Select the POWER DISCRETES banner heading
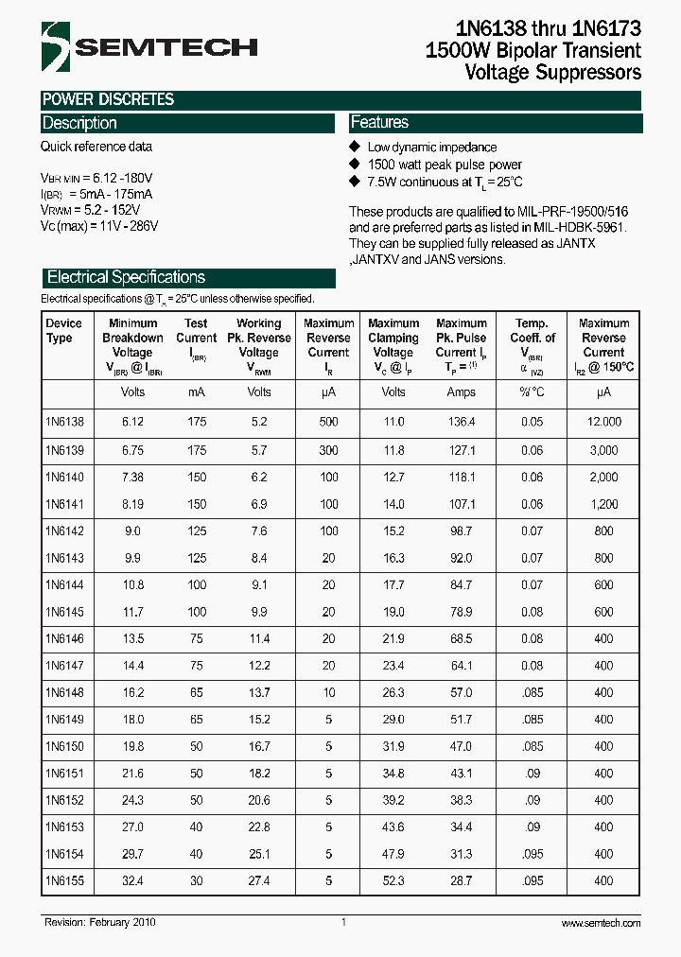tap(108, 99)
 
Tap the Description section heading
tap(80, 123)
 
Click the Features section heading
tap(379, 123)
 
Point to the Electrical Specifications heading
tap(126, 277)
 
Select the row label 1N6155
tap(64, 881)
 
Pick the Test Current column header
tap(196, 338)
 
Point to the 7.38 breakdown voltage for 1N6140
tap(132, 477)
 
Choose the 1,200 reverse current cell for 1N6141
tap(603, 504)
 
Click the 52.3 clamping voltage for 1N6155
tap(393, 881)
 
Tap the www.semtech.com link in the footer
tap(601, 923)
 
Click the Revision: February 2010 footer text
tap(99, 922)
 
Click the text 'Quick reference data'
tap(96, 147)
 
